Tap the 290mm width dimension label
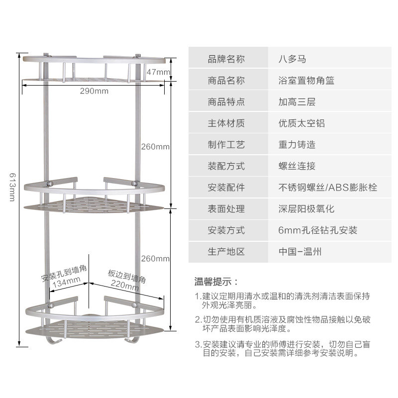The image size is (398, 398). click(94, 91)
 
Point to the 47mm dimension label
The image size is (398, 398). click(158, 72)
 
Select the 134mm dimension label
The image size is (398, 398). click(67, 281)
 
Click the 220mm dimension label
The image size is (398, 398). click(125, 286)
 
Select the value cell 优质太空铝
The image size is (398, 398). click(301, 123)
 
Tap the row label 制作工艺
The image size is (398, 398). click(226, 145)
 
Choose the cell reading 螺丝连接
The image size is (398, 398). click(297, 166)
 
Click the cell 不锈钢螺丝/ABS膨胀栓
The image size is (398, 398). click(327, 188)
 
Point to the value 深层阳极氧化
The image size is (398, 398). click(306, 209)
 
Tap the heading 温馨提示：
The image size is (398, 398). click(216, 282)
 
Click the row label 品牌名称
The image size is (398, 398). click(226, 59)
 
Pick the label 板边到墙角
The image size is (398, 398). click(126, 276)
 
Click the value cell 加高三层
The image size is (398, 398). click(297, 101)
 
